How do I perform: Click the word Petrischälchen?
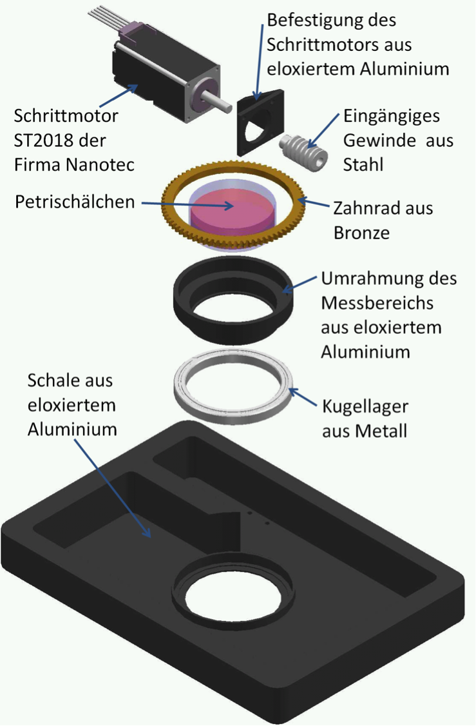point(75,202)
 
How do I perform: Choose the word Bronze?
point(361,232)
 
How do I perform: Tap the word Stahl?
point(363,165)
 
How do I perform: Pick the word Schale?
point(52,380)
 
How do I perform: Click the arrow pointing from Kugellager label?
point(304,398)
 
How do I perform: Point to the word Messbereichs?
point(377,303)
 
